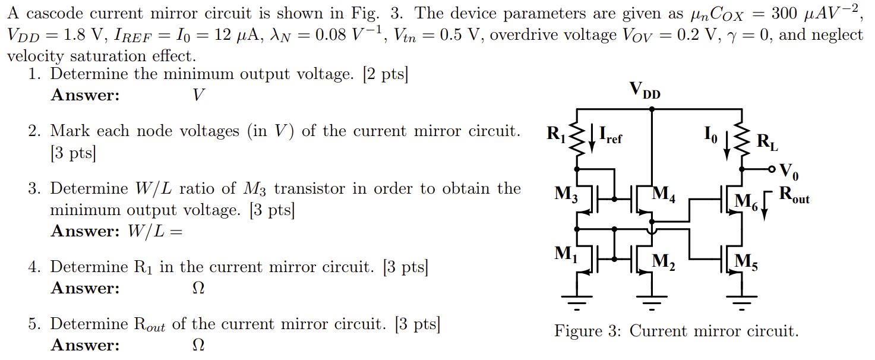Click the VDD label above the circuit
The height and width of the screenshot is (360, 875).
(645, 90)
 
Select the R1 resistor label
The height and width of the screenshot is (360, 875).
(557, 135)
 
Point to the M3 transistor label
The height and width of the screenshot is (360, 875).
(566, 194)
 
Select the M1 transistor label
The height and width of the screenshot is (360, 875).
(566, 254)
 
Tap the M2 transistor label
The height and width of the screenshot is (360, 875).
(664, 261)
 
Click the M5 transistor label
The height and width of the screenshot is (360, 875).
(746, 261)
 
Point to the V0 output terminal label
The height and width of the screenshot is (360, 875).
(789, 172)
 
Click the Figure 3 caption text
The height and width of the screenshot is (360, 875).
(676, 331)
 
